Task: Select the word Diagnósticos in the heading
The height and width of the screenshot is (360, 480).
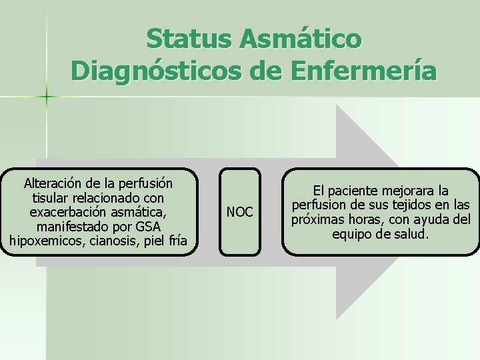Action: pos(151,71)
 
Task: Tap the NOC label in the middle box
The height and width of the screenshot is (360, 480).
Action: pos(240,212)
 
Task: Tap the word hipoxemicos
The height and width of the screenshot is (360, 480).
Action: pos(41,241)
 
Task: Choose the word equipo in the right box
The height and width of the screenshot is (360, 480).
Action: pos(351,234)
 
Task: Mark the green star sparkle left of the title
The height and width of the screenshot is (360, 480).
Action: pos(47,97)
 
